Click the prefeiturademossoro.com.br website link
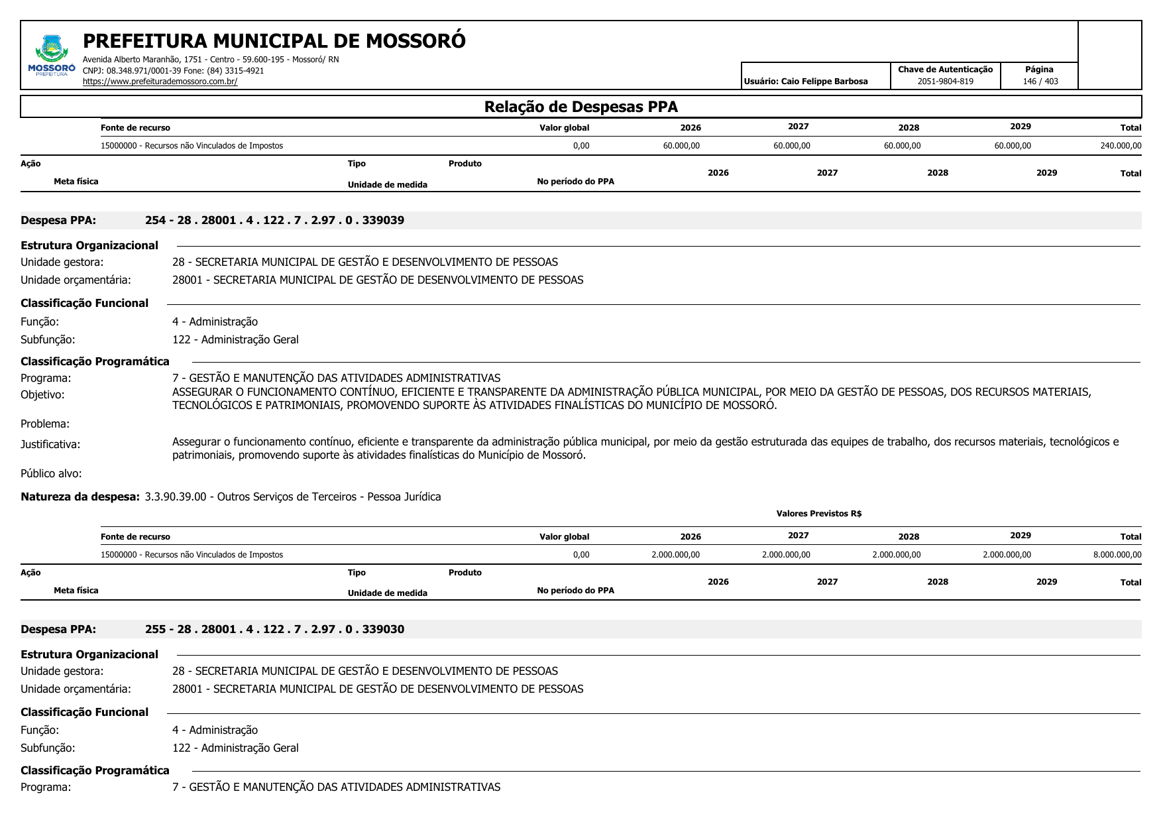(160, 82)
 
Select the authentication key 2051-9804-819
(945, 82)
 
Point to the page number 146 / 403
(1040, 82)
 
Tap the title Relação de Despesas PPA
(581, 107)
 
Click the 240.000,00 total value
(1120, 146)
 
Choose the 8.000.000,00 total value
(1117, 555)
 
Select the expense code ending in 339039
(274, 220)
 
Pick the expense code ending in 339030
(274, 629)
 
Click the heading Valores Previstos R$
(818, 514)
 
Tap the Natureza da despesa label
(80, 497)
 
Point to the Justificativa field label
(50, 444)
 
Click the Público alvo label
(51, 473)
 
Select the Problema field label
(45, 424)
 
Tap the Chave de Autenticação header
(945, 70)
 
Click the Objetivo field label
(42, 394)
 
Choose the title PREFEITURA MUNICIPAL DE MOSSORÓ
(274, 41)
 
